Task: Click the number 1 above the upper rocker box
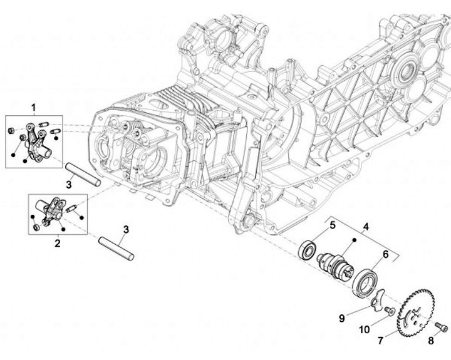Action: [33, 108]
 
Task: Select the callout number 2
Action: [58, 242]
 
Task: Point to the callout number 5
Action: [333, 225]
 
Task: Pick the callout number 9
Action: [342, 318]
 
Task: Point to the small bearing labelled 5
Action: [308, 248]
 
